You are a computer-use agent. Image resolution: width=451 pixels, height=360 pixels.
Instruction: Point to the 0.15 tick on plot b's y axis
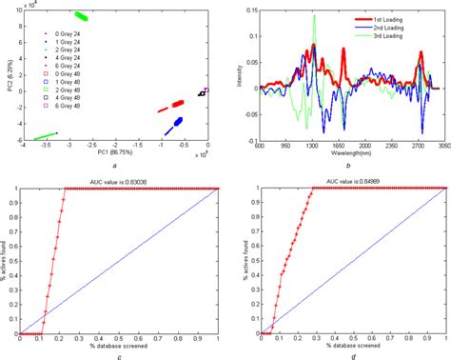pos(249,9)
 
